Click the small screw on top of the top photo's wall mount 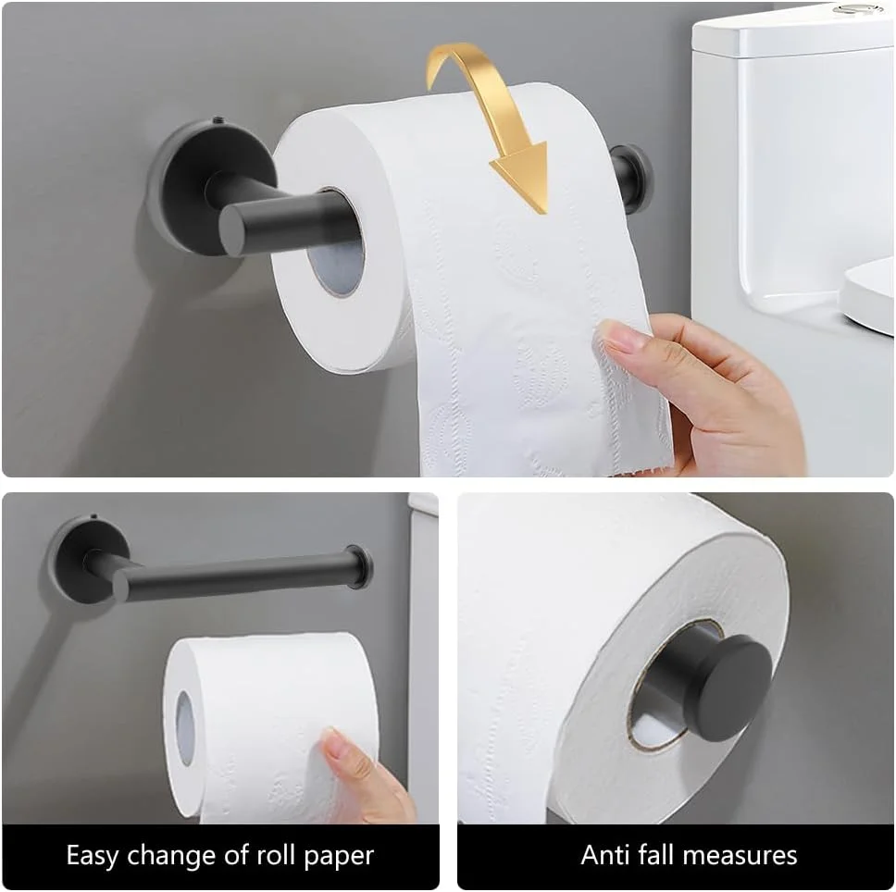click(x=218, y=120)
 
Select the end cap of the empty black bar click(x=359, y=566)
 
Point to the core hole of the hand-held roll click(x=184, y=727)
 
